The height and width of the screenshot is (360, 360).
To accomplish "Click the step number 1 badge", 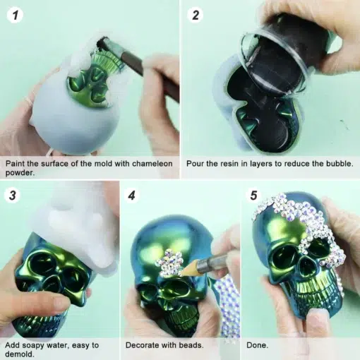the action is pyautogui.click(x=15, y=16).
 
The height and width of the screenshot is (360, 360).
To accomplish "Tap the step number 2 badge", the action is pyautogui.click(x=196, y=16).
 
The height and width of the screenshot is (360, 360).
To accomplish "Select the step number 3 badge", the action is pyautogui.click(x=13, y=196).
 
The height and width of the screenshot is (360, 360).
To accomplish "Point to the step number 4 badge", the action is pyautogui.click(x=131, y=196).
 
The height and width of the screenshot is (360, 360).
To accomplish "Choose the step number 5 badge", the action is pyautogui.click(x=253, y=196).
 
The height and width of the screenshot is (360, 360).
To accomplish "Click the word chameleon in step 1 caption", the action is pyautogui.click(x=152, y=164).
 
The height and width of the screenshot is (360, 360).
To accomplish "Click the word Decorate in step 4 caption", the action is pyautogui.click(x=142, y=345).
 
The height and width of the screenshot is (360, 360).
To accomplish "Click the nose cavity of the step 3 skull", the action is pyautogui.click(x=52, y=284).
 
